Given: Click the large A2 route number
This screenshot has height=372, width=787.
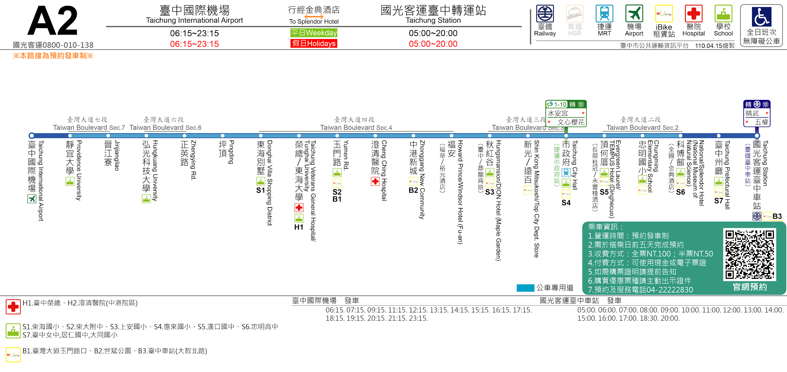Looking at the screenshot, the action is [x=52, y=21].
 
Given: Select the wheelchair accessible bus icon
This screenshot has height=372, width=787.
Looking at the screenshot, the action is [x=761, y=17].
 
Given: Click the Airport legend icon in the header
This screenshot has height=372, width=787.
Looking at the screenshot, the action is [x=634, y=14].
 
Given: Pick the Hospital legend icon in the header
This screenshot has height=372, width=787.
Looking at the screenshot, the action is [x=693, y=14].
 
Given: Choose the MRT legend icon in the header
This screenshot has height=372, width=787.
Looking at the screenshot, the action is [x=604, y=14].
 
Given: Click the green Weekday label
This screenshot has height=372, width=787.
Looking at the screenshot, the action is [x=313, y=33].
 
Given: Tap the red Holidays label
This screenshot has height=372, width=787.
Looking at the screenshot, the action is [x=313, y=43].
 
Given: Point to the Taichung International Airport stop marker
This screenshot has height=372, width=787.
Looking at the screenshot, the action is [x=31, y=136].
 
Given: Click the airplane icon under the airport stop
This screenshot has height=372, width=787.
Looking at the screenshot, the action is [x=32, y=199].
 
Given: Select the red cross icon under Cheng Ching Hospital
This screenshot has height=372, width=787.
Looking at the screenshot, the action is [x=375, y=181].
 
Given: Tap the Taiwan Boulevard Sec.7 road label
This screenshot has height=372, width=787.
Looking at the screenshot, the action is [x=89, y=128].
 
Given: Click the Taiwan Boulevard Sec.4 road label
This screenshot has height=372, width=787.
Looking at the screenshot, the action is [x=356, y=128].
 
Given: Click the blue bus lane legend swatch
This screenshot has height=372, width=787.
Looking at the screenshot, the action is [x=525, y=288].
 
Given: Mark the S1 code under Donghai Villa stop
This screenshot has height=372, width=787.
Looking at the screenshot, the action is [x=261, y=191].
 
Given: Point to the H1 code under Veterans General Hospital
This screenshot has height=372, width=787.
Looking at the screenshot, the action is [x=299, y=227].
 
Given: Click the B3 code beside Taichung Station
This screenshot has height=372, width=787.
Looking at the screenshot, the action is [x=777, y=217].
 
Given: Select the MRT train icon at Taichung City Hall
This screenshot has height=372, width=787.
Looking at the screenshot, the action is [x=566, y=173].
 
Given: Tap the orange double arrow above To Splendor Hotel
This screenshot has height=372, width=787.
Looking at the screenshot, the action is [x=314, y=16].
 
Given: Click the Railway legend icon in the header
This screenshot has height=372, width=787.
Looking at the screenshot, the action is [x=545, y=14].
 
